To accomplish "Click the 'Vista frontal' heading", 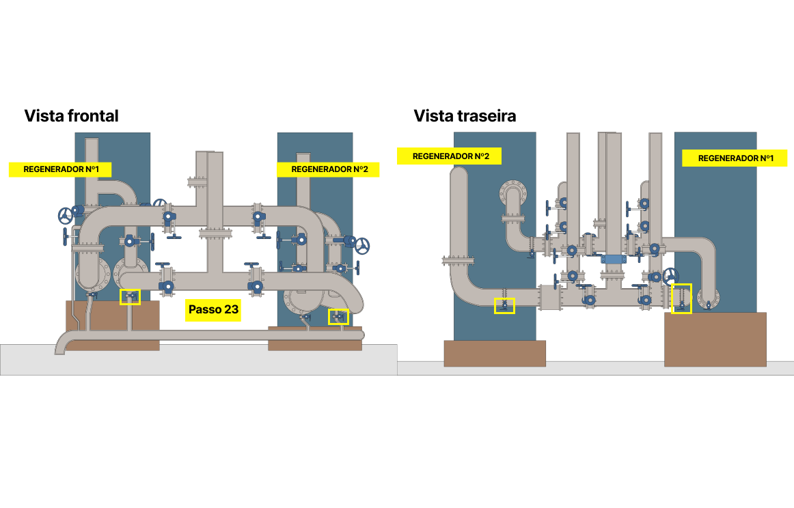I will click(x=71, y=116).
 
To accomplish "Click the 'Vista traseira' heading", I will click(x=465, y=116).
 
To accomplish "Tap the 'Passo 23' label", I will click(x=213, y=310).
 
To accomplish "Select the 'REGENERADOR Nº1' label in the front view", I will click(x=59, y=169).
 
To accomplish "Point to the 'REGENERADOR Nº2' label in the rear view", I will click(x=449, y=156).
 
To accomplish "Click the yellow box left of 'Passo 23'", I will click(x=130, y=297).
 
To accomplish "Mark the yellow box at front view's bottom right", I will click(x=338, y=317).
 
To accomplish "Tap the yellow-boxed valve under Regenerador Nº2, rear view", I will click(x=504, y=305).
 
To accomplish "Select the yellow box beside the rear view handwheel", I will click(x=682, y=299).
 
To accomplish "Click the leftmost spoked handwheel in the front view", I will click(x=66, y=216).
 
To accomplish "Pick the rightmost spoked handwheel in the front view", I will click(x=363, y=245).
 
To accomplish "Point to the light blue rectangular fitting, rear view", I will click(x=612, y=259).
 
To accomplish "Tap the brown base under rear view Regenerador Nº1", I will click(x=715, y=339).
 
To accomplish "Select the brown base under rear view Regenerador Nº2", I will click(x=495, y=353).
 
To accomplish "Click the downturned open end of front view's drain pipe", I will click(x=61, y=348).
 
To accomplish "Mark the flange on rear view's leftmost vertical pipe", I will click(x=458, y=259).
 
